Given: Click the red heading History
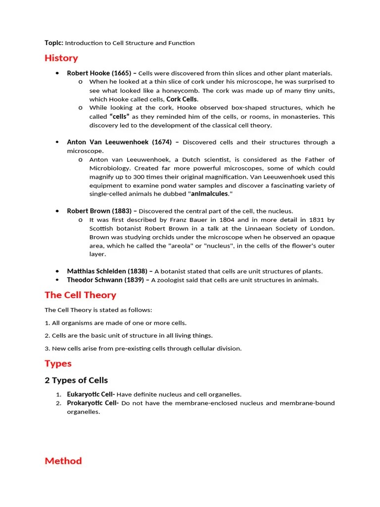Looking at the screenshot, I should click(61, 58).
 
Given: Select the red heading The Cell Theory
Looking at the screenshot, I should click(80, 295).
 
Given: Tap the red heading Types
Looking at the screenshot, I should click(58, 363).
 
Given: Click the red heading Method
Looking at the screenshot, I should click(63, 461).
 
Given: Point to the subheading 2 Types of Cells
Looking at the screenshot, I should click(76, 380).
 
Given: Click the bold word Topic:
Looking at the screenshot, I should click(53, 43).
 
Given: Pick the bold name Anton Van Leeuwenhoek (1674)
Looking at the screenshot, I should click(119, 142).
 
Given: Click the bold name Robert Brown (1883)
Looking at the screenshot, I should click(99, 211).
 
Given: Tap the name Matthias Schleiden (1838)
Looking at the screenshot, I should click(107, 271).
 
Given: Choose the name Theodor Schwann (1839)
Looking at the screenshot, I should click(105, 280).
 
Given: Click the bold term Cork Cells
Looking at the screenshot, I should click(182, 99).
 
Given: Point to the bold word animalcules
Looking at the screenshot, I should click(209, 194).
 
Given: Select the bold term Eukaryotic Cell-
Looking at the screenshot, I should click(91, 395).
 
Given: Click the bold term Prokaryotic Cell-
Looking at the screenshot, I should click(93, 403).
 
